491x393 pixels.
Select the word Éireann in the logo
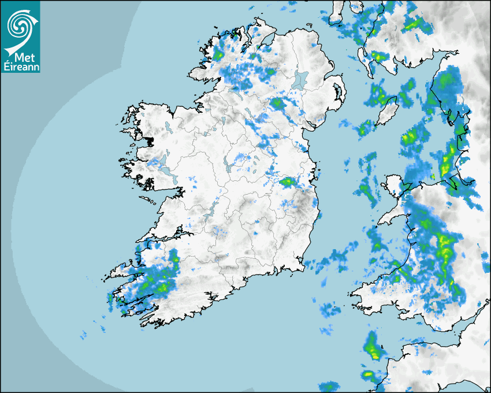tap(20, 67)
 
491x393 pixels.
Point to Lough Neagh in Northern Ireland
tap(300, 80)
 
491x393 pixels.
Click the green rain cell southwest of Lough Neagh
tap(277, 103)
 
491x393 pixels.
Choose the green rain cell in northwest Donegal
tap(218, 54)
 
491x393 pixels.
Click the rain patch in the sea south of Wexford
tap(331, 309)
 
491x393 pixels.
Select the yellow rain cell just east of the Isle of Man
tap(410, 138)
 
